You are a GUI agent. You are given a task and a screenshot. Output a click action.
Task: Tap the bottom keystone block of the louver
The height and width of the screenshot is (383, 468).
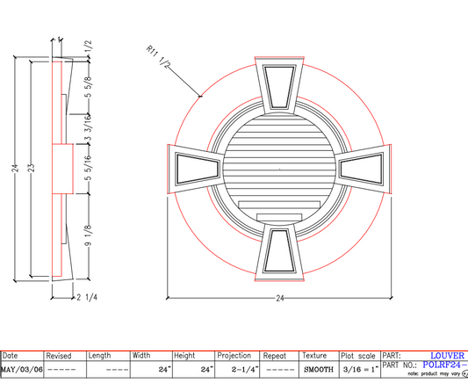click(x=282, y=253)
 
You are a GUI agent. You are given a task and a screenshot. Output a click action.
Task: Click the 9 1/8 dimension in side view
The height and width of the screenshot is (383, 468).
click(x=88, y=238)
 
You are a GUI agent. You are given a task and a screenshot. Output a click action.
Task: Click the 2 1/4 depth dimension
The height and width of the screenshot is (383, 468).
click(x=90, y=298)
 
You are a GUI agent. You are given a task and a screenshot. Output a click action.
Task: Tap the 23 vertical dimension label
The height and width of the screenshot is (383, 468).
click(x=32, y=168)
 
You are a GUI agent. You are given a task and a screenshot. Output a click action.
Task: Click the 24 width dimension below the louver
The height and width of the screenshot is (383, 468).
click(x=280, y=299)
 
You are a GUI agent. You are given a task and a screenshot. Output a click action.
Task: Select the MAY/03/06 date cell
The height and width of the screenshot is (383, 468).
click(x=22, y=369)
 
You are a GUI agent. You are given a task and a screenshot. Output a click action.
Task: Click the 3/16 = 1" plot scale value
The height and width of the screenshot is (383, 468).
click(x=357, y=369)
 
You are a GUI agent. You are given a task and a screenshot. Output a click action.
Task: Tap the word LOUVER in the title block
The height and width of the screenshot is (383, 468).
click(x=447, y=356)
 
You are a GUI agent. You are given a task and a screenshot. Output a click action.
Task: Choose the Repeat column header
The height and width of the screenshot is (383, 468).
click(x=275, y=356)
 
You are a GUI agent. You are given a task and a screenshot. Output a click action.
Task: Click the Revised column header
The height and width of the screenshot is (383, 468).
click(x=59, y=356)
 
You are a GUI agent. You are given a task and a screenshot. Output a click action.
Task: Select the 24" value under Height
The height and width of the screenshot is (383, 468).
click(x=205, y=369)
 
